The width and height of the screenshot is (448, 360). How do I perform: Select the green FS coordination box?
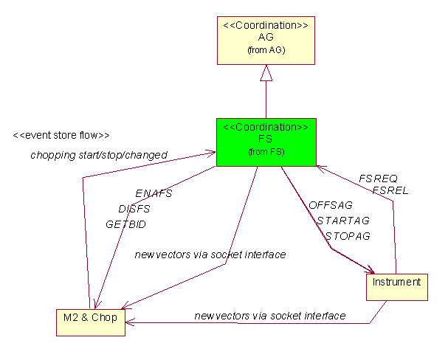pyautogui.click(x=265, y=142)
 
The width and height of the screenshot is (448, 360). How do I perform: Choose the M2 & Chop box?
pyautogui.click(x=90, y=318)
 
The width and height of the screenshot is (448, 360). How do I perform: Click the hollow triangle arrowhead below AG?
pyautogui.click(x=266, y=72)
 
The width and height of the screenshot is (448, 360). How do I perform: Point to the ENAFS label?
pyautogui.click(x=154, y=193)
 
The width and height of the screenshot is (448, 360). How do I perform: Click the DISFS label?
pyautogui.click(x=134, y=208)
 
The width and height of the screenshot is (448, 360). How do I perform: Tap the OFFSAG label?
pyautogui.click(x=331, y=204)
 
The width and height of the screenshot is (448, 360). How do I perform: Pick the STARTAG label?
pyautogui.click(x=343, y=220)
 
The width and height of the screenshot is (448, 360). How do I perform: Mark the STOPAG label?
pyautogui.click(x=348, y=236)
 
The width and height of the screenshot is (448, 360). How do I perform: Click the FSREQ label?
pyautogui.click(x=378, y=178)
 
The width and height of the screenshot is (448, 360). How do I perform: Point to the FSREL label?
pyautogui.click(x=390, y=190)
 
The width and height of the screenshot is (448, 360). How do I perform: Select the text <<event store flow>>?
pyautogui.click(x=61, y=136)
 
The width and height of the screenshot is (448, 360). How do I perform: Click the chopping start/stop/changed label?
pyautogui.click(x=99, y=155)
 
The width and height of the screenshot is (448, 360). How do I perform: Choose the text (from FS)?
pyautogui.click(x=265, y=152)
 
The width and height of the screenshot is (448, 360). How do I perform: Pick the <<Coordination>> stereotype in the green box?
pyautogui.click(x=265, y=126)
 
